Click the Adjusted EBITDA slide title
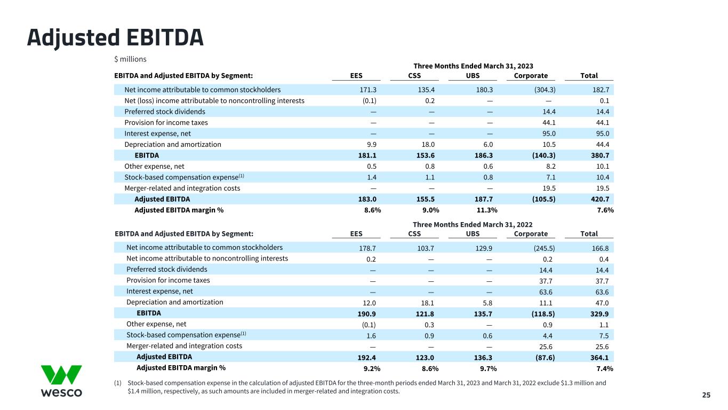pyautogui.click(x=115, y=37)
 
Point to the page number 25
pyautogui.click(x=706, y=395)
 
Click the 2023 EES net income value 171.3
pyautogui.click(x=369, y=90)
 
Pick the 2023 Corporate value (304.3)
pyautogui.click(x=537, y=90)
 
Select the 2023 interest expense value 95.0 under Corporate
pyautogui.click(x=540, y=133)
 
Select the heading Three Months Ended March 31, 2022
pyautogui.click(x=473, y=225)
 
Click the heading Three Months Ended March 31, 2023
pyautogui.click(x=473, y=66)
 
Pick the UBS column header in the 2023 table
pyautogui.click(x=473, y=76)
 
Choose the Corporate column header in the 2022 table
pyautogui.click(x=531, y=234)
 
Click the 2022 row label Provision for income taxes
pyautogui.click(x=168, y=280)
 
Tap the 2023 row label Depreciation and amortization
pyautogui.click(x=172, y=145)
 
